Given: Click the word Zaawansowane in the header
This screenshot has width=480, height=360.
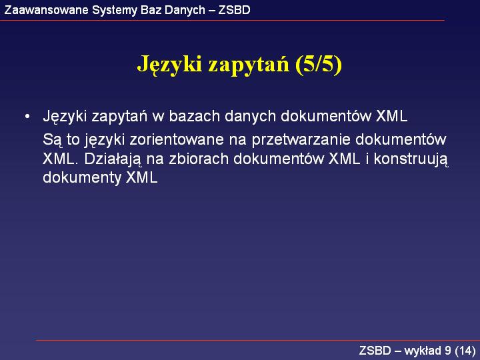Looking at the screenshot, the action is tap(47, 10).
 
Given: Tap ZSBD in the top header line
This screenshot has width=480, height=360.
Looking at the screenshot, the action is tap(234, 10).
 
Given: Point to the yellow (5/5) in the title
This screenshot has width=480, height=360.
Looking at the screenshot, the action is tap(319, 64).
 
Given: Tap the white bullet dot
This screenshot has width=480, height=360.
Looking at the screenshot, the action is tap(27, 117).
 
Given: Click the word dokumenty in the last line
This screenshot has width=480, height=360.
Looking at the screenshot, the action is tap(82, 178).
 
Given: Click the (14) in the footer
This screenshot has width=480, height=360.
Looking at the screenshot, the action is tap(465, 351).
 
